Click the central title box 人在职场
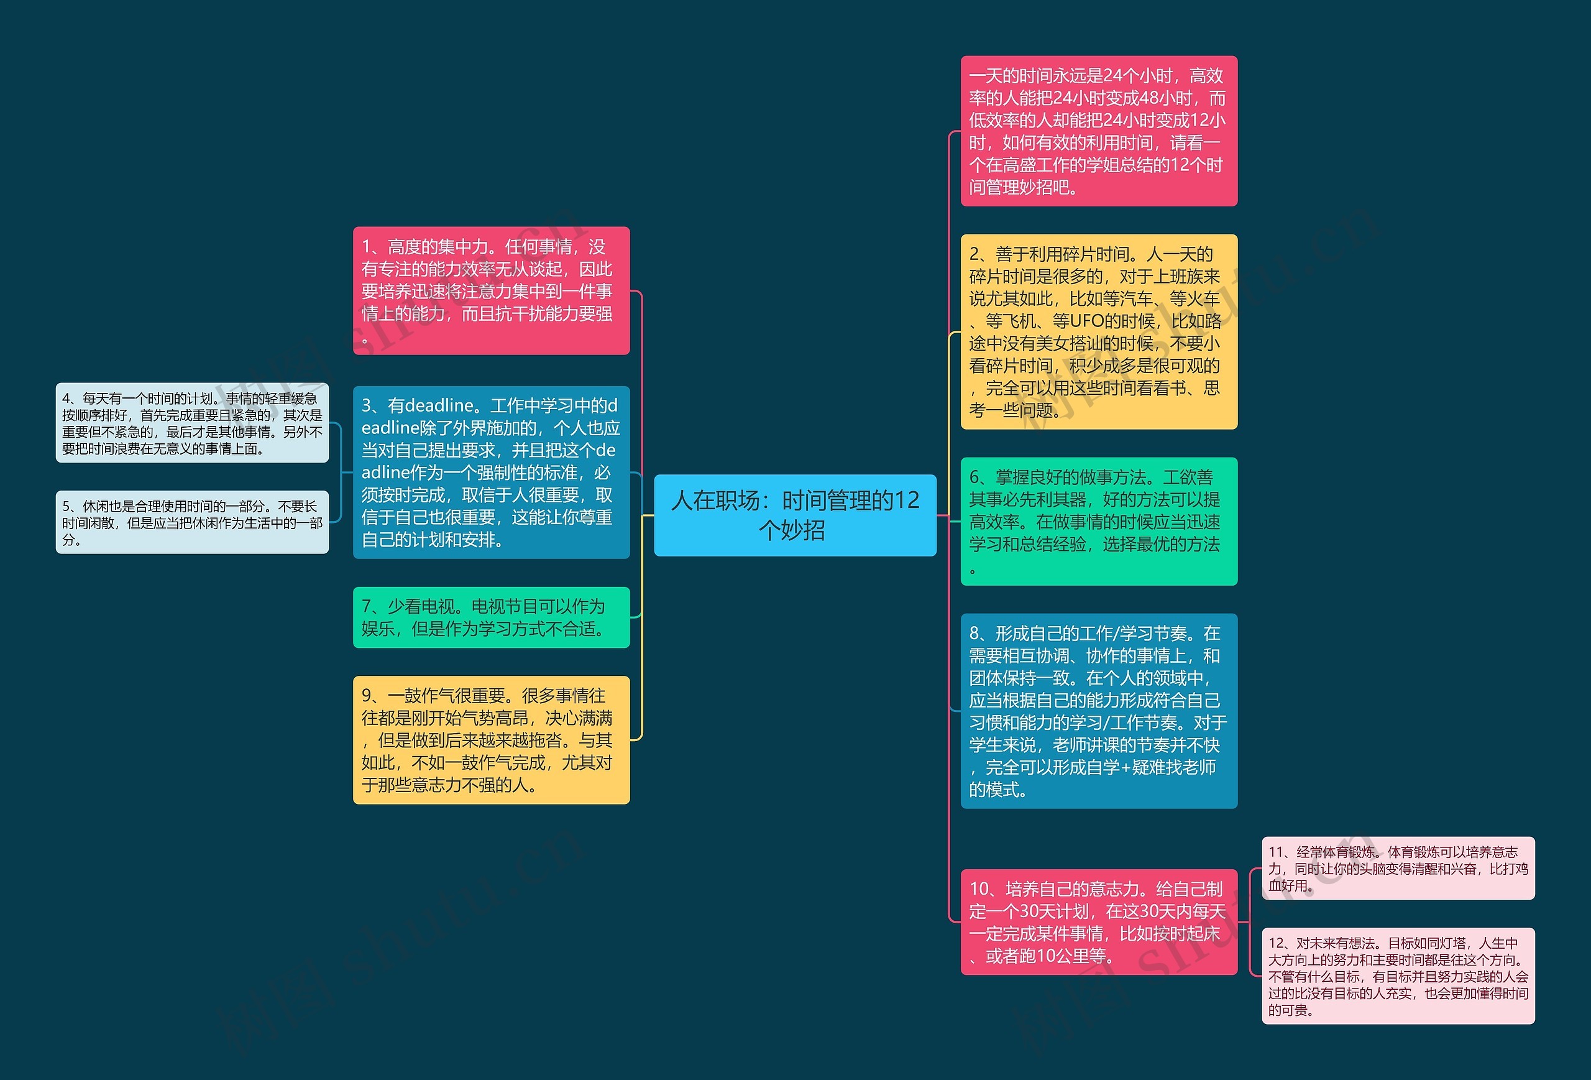[x=795, y=515]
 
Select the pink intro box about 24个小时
[x=1098, y=131]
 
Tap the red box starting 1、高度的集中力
[x=491, y=290]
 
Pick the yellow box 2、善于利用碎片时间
[x=1098, y=332]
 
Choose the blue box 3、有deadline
[x=491, y=473]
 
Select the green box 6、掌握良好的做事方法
[x=1098, y=521]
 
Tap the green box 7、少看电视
[x=491, y=617]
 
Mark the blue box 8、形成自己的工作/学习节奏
[x=1098, y=711]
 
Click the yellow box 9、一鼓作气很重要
[x=491, y=740]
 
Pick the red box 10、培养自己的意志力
[x=1098, y=922]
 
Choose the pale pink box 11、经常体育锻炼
[x=1397, y=869]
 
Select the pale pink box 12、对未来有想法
[x=1397, y=976]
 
